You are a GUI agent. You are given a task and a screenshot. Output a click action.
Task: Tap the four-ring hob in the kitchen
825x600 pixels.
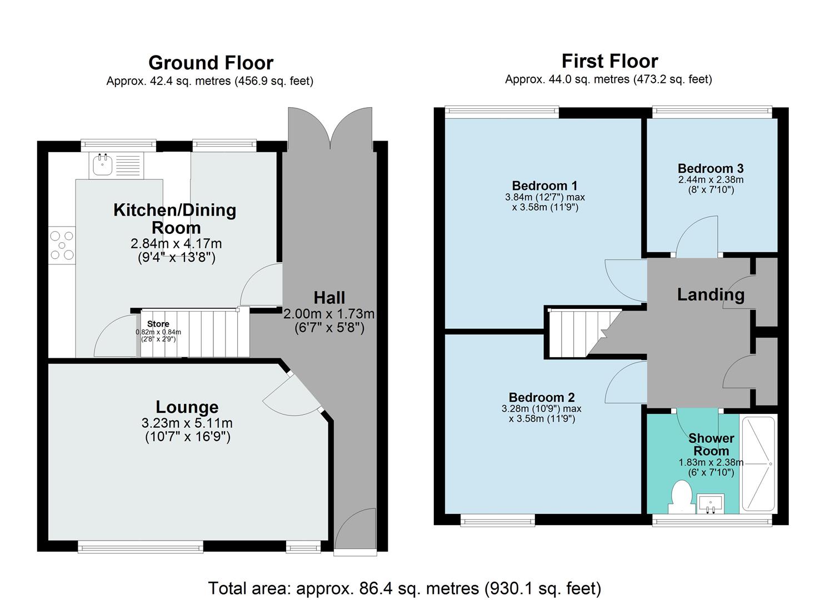tap(62, 245)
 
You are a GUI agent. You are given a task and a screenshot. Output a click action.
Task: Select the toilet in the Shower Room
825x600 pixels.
tap(681, 496)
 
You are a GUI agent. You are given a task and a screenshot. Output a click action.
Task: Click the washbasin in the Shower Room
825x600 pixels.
tap(711, 504)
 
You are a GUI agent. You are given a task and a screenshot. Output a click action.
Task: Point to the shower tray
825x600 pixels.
tap(758, 463)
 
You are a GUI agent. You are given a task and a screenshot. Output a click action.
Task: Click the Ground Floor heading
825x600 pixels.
tap(211, 63)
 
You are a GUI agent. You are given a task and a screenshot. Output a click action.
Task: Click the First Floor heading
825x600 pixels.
tap(609, 61)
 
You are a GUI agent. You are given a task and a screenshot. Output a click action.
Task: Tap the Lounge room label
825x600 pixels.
tap(187, 407)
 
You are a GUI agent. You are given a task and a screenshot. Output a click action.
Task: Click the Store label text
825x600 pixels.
tap(158, 324)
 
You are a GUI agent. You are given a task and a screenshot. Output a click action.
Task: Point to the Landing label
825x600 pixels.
tap(710, 294)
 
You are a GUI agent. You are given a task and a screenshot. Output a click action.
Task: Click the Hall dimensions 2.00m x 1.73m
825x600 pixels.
tap(329, 314)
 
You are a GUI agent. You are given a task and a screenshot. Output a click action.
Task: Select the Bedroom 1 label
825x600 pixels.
tap(544, 186)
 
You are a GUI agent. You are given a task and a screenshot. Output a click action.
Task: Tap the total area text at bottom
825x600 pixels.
tap(404, 588)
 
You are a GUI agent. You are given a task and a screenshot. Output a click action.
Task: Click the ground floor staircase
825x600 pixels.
tap(192, 333)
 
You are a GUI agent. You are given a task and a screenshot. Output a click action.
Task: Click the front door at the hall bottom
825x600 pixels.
tap(356, 531)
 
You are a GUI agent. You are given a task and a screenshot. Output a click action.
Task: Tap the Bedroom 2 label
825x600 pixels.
tap(542, 397)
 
